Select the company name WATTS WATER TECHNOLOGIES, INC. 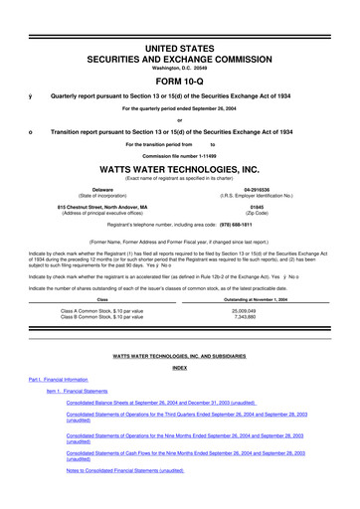pyautogui.click(x=179, y=169)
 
